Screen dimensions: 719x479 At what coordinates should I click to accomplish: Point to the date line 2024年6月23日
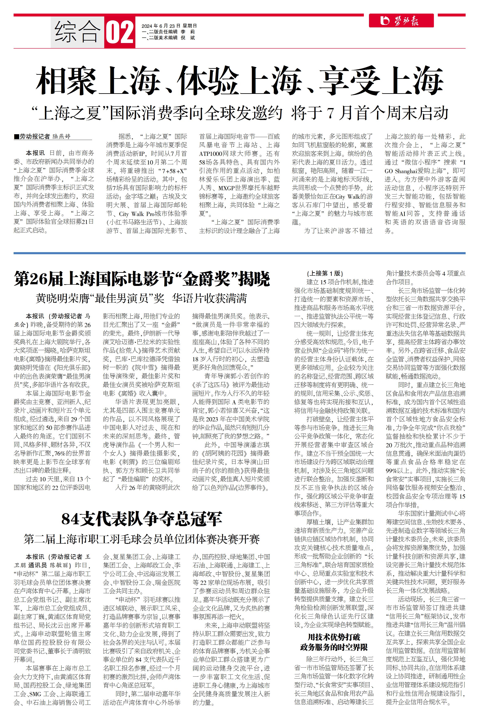(x=169, y=26)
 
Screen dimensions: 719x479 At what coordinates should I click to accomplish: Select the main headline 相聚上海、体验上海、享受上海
(x=239, y=80)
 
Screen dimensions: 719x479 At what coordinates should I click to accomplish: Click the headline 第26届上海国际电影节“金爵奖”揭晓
(x=142, y=279)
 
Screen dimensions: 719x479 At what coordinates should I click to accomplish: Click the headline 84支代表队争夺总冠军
(x=142, y=519)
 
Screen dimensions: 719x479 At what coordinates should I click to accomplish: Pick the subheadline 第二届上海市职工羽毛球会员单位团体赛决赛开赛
(x=142, y=539)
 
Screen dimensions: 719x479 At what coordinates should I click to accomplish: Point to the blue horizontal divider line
(x=239, y=253)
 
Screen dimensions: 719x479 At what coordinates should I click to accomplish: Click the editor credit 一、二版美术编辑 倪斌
(x=168, y=38)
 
